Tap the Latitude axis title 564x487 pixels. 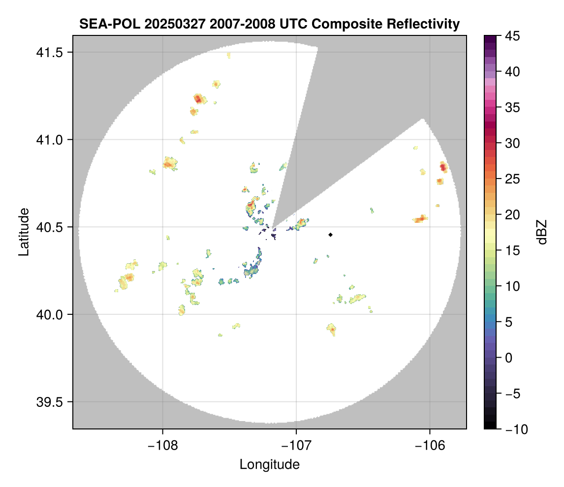coord(23,232)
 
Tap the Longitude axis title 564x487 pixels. coord(269,464)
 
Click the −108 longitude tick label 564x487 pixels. coord(162,445)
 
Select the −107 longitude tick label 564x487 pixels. coord(296,445)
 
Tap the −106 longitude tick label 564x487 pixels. coord(430,445)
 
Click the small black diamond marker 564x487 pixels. coord(330,235)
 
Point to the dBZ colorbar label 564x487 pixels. coord(542,232)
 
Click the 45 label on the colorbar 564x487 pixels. coord(511,36)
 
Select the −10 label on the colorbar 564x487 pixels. coord(514,429)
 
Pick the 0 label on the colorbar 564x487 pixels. coord(509,358)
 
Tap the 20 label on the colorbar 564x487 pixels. coord(511,214)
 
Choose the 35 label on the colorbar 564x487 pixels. coord(511,107)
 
